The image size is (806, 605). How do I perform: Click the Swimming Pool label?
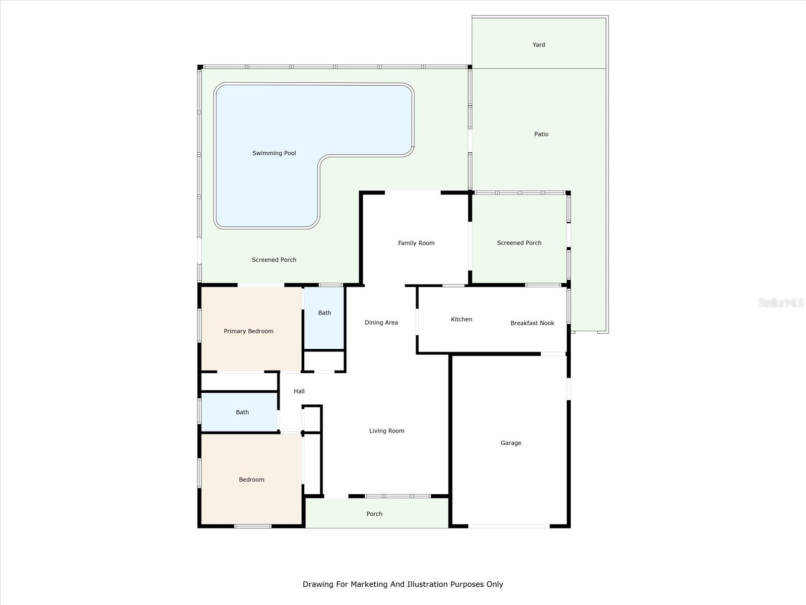click(x=274, y=153)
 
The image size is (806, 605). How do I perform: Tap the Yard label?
click(x=539, y=45)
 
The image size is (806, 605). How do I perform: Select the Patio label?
click(x=541, y=134)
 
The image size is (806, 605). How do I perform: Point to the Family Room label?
click(x=416, y=243)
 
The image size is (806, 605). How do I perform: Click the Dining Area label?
click(x=381, y=323)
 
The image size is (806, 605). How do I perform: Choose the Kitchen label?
click(x=461, y=319)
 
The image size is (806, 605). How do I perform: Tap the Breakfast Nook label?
click(x=532, y=323)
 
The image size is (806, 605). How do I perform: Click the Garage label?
click(x=510, y=443)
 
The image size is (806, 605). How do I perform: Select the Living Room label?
click(x=386, y=431)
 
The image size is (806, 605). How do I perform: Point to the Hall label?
click(x=299, y=391)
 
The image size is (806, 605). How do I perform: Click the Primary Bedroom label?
click(x=248, y=331)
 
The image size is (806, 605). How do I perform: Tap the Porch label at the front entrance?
click(x=374, y=514)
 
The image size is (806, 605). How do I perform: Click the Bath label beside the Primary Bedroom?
click(x=324, y=313)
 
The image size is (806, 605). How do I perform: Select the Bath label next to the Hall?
click(x=242, y=412)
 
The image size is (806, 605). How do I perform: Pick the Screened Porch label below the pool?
click(x=274, y=260)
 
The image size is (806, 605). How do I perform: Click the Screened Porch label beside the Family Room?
click(x=519, y=243)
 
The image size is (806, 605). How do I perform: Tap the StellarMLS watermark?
click(x=781, y=303)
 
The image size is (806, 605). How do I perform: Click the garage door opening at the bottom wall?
click(x=509, y=526)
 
